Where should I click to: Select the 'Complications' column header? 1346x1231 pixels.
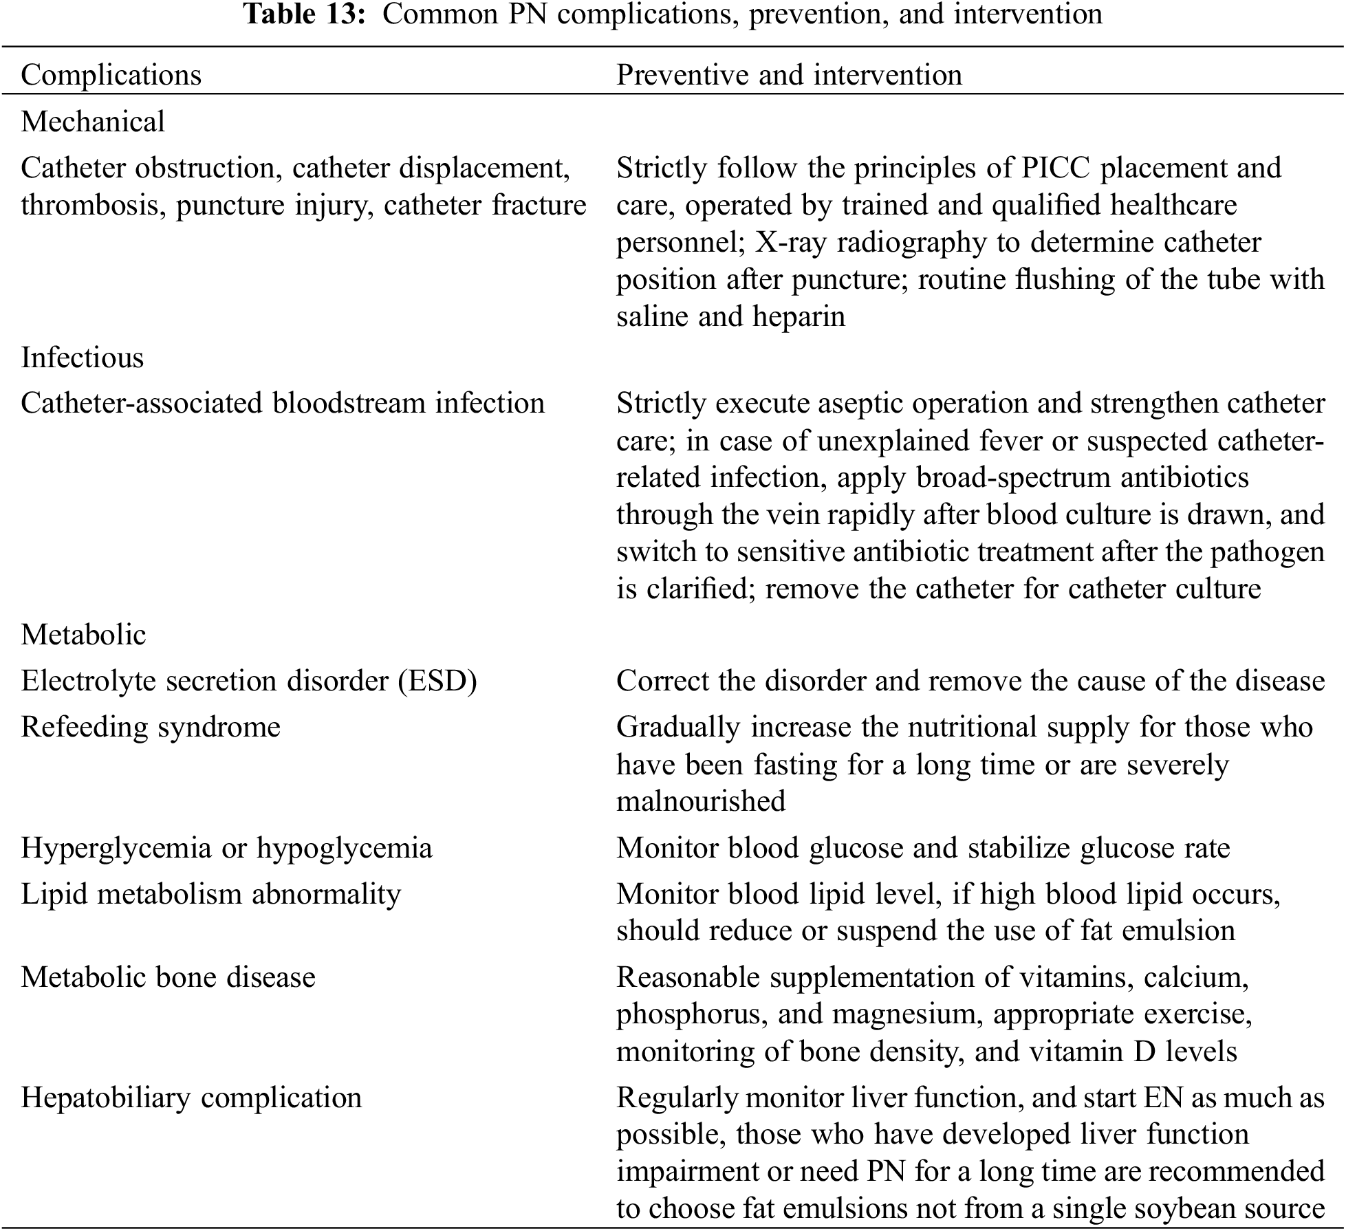click(x=111, y=75)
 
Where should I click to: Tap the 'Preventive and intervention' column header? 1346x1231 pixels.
click(x=789, y=75)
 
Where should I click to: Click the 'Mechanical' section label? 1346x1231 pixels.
click(x=93, y=122)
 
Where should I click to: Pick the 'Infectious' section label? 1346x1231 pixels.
click(x=83, y=358)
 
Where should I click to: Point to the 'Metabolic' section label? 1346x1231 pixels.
click(x=83, y=635)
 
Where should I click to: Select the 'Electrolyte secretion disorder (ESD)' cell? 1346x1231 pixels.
click(x=249, y=681)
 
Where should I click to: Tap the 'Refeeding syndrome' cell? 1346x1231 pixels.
click(x=151, y=727)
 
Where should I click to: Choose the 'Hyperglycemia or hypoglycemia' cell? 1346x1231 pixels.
click(x=226, y=848)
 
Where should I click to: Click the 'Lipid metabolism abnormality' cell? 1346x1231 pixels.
click(x=210, y=894)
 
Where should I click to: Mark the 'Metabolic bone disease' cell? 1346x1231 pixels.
click(x=168, y=977)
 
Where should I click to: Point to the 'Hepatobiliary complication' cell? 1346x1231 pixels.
click(x=191, y=1098)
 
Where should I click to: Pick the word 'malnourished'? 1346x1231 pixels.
click(x=701, y=802)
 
